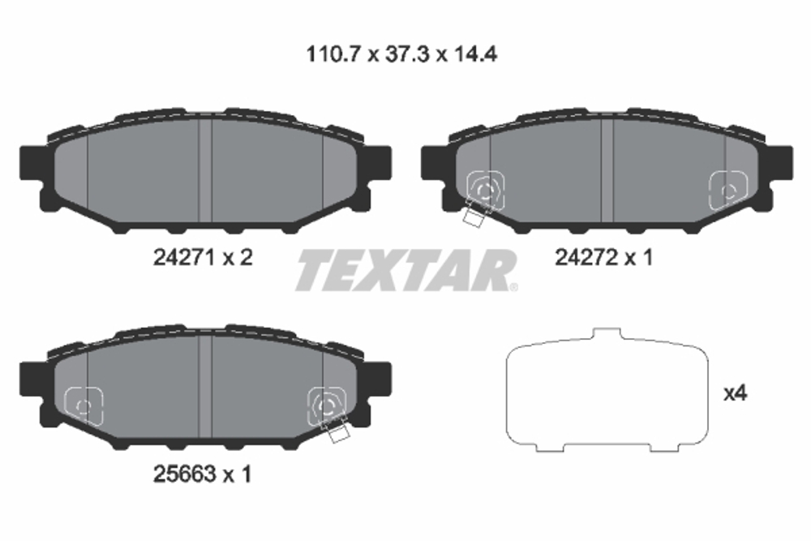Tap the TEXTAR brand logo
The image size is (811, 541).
(x=405, y=270)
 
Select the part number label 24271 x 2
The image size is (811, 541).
(x=204, y=258)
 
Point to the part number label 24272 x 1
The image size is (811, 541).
(x=604, y=258)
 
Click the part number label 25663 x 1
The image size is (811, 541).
(x=202, y=475)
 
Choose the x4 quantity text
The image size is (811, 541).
(x=734, y=395)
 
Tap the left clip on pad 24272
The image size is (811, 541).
(x=485, y=191)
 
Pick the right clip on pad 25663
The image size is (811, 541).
(x=327, y=406)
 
